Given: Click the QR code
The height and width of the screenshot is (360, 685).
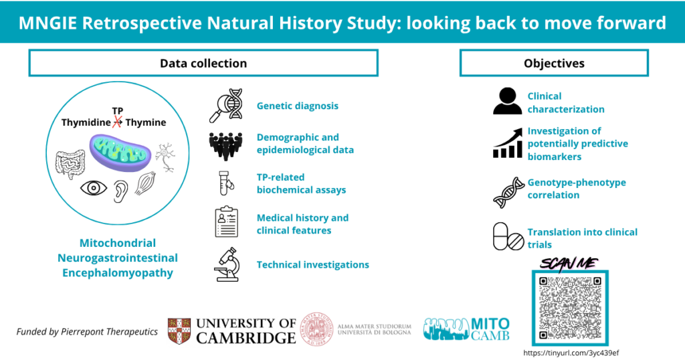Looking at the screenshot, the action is pyautogui.click(x=570, y=308).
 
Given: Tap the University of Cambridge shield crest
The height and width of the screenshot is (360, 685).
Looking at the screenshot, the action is pyautogui.click(x=179, y=331).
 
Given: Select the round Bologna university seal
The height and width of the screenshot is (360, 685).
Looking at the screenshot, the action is pyautogui.click(x=316, y=329).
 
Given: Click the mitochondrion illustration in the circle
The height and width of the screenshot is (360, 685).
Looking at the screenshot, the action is pyautogui.click(x=120, y=153).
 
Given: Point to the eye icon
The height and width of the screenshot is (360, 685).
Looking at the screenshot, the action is pyautogui.click(x=94, y=188).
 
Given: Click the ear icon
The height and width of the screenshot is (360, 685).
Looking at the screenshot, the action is pyautogui.click(x=120, y=191).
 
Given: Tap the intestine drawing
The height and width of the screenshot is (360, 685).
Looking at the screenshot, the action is pyautogui.click(x=70, y=164).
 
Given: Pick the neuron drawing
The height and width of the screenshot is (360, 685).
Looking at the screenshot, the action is pyautogui.click(x=166, y=157).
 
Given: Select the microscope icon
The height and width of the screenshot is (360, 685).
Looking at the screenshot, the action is pyautogui.click(x=227, y=264).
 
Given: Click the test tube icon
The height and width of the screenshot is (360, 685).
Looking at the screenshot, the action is pyautogui.click(x=226, y=183).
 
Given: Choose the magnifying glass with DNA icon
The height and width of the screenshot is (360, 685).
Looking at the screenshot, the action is pyautogui.click(x=226, y=106).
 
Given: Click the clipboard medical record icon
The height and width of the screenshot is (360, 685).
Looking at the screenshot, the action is pyautogui.click(x=226, y=221).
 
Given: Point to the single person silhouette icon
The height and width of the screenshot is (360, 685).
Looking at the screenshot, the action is pyautogui.click(x=507, y=101).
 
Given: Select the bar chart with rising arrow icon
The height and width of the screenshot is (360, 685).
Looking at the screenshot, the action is pyautogui.click(x=508, y=143).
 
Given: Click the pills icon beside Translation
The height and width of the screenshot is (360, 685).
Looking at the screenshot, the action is pyautogui.click(x=508, y=236).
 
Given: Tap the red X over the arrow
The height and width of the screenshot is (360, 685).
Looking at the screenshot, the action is pyautogui.click(x=116, y=122).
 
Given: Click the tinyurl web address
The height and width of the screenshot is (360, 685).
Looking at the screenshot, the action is pyautogui.click(x=571, y=353).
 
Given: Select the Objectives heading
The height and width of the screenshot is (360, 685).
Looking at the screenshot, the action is pyautogui.click(x=554, y=64).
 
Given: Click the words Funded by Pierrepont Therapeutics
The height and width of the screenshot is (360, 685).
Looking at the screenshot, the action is pyautogui.click(x=87, y=332).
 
